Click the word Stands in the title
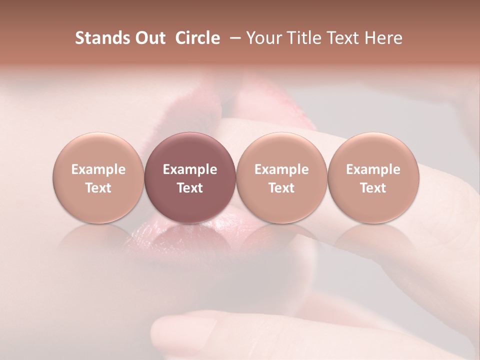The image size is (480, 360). tap(101, 38)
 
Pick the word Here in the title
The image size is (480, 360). tap(383, 38)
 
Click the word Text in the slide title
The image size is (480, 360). tap(343, 38)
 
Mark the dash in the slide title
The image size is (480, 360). tap(236, 38)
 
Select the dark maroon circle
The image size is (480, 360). tap(190, 178)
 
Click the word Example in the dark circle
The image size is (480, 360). tap(190, 169)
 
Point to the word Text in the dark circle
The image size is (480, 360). tap(190, 188)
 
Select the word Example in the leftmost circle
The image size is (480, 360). tap(98, 169)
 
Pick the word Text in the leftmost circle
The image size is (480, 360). tap(98, 188)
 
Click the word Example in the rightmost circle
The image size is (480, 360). tap(373, 169)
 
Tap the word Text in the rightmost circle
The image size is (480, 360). tap(373, 188)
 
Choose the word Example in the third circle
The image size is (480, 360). tap(281, 169)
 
